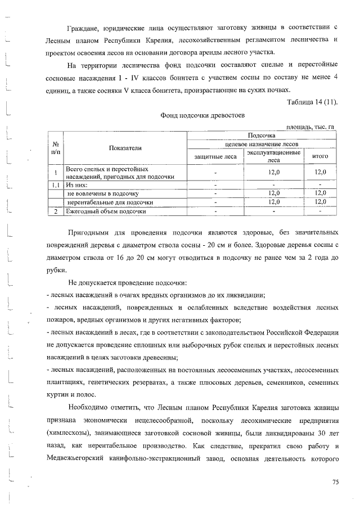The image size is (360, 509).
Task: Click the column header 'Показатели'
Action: [x=125, y=148]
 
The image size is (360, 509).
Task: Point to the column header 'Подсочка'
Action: [x=260, y=136]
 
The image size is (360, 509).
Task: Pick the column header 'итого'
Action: [x=319, y=156]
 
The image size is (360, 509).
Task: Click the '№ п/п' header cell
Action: [x=56, y=148]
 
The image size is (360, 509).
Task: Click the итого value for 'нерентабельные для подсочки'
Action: [x=319, y=202]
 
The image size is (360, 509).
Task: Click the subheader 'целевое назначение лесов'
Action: [x=260, y=145]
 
